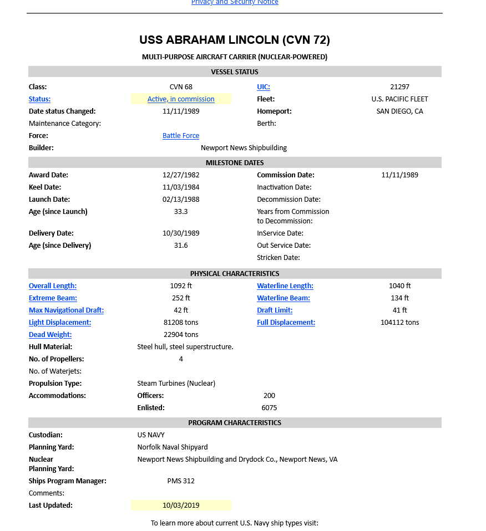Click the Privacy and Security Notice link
coord(235,2)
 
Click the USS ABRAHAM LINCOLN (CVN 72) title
coord(235,40)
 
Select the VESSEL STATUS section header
coord(235,72)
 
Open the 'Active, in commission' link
coord(181,99)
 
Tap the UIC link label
coord(264,87)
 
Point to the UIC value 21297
coord(399,87)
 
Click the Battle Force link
coord(181,136)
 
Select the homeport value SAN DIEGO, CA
coord(399,111)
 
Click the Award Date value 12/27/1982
coord(181,175)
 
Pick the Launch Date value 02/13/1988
coord(181,200)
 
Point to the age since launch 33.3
coord(181,212)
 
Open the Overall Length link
coord(53,286)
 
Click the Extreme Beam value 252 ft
coord(181,298)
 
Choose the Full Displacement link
coord(286,323)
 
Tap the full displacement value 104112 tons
coord(399,323)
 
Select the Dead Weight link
coord(50,335)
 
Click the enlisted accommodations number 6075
coord(269,408)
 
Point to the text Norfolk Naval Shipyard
coord(173,447)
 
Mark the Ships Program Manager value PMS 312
coord(181,481)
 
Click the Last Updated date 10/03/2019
coord(181,506)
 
